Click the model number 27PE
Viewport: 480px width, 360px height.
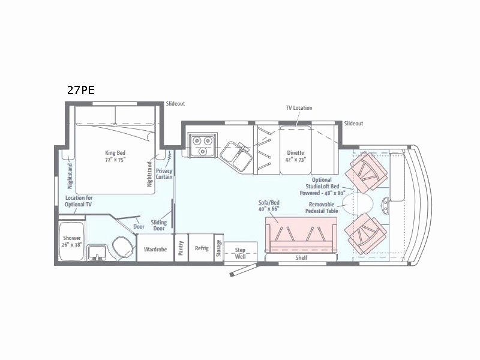80,91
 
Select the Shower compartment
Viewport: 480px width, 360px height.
72,241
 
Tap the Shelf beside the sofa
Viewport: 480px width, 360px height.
301,258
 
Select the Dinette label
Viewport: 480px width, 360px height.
296,157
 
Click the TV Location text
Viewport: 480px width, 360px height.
299,108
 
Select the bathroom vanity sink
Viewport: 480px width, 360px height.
96,253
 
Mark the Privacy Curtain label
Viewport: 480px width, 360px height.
164,174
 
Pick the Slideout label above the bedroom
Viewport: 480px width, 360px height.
176,104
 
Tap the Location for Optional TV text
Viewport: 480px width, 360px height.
79,202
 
